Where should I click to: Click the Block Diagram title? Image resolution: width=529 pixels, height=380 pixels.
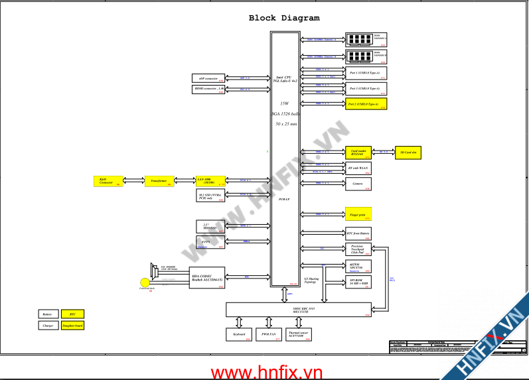(x=283, y=19)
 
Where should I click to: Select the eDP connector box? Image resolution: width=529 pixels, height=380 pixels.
(x=208, y=78)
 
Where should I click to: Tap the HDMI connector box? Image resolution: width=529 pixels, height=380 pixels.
(x=208, y=89)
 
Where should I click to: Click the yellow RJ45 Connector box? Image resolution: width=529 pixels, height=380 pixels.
(x=108, y=181)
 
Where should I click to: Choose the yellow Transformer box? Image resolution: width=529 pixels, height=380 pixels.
(x=159, y=181)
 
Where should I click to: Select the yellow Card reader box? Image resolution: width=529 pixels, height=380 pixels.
(x=358, y=153)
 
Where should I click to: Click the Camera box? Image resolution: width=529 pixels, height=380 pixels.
(x=358, y=184)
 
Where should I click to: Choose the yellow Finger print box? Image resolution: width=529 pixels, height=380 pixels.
(x=358, y=214)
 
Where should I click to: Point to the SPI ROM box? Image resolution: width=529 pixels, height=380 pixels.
(x=358, y=283)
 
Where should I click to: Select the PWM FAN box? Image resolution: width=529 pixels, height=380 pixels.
(x=269, y=335)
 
